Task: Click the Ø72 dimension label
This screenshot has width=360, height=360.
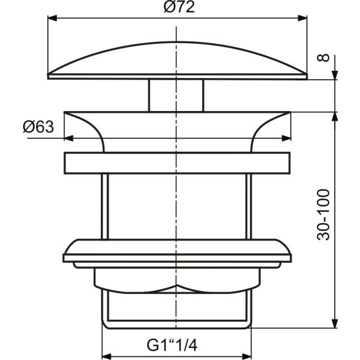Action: click(x=179, y=7)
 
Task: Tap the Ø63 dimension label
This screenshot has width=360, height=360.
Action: click(x=38, y=127)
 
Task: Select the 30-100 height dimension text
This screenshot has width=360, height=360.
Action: click(x=323, y=215)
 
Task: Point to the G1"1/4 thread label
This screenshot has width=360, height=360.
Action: click(x=172, y=346)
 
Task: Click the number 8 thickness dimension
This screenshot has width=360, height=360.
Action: click(x=323, y=58)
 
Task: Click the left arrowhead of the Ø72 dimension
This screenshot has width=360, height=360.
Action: click(x=52, y=18)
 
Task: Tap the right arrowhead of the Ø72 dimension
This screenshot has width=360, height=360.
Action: click(x=302, y=18)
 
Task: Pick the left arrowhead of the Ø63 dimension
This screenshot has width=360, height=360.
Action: click(x=68, y=138)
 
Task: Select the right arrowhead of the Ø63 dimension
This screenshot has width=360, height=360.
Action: click(x=286, y=138)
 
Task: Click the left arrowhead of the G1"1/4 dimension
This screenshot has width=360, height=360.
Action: click(x=106, y=356)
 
